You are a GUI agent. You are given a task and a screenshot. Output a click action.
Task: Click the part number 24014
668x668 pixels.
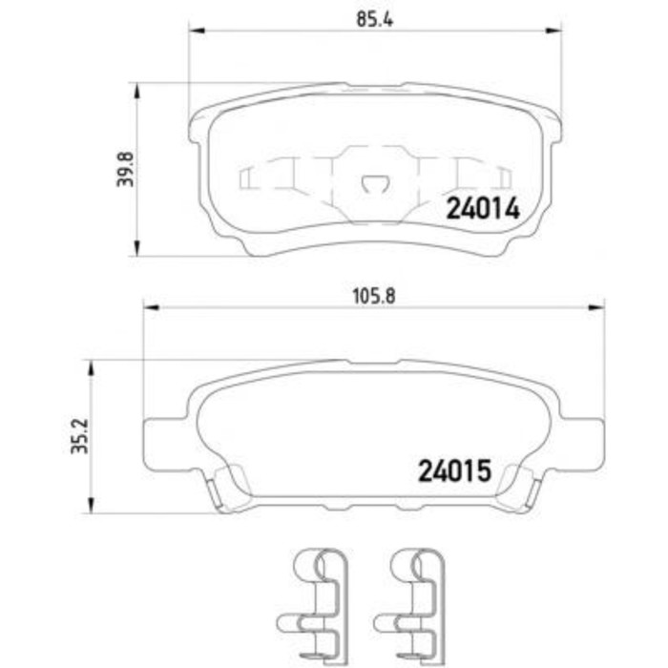(x=483, y=209)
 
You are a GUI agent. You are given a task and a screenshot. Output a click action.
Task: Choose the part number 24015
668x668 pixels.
(x=453, y=470)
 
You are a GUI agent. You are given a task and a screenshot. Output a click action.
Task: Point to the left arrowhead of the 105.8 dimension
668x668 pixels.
(x=148, y=307)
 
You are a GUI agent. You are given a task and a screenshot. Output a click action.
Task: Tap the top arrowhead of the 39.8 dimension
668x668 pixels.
(x=139, y=89)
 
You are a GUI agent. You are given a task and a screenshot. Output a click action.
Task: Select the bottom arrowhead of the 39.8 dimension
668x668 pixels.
(x=139, y=251)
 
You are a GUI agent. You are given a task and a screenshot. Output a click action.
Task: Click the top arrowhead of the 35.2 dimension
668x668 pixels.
(x=91, y=365)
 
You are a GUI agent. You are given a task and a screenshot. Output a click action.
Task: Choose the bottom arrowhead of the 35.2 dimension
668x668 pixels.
(x=91, y=508)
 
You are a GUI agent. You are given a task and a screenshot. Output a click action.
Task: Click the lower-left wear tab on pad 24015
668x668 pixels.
(x=229, y=487)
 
